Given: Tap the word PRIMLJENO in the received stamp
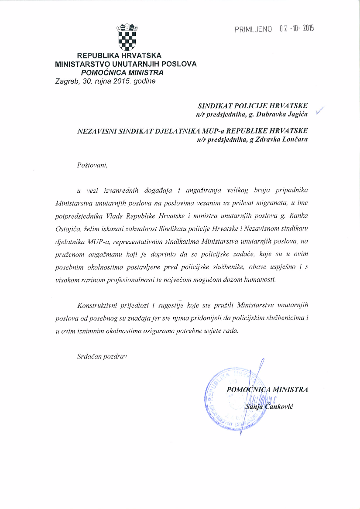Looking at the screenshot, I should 253,29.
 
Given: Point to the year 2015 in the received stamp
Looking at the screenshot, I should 308,28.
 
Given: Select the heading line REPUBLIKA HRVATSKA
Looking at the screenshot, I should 119,56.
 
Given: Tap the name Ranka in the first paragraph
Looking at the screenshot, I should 300,215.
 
